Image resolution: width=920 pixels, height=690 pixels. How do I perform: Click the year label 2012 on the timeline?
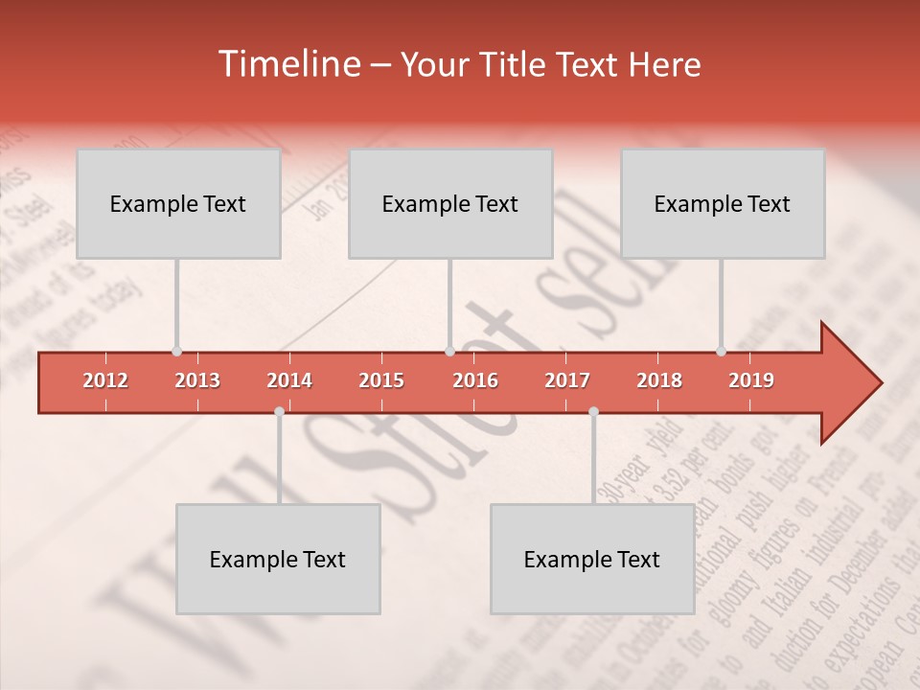[x=105, y=380]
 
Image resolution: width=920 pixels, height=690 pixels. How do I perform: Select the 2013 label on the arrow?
[x=197, y=380]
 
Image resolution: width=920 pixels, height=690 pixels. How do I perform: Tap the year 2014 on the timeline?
[x=289, y=380]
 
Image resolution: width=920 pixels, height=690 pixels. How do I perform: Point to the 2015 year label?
[x=381, y=380]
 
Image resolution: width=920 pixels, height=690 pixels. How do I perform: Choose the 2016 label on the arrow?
[x=475, y=380]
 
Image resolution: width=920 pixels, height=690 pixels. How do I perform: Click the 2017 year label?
[x=567, y=380]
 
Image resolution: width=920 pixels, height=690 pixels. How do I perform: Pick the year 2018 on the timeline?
[x=659, y=380]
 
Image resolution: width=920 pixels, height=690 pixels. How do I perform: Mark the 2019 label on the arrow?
[x=751, y=380]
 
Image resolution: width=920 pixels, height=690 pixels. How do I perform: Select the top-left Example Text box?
[x=178, y=204]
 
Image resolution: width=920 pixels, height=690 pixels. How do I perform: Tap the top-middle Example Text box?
[x=450, y=204]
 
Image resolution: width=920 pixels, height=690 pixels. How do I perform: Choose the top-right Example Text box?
[x=723, y=204]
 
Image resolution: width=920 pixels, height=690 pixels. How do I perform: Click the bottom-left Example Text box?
[x=278, y=560]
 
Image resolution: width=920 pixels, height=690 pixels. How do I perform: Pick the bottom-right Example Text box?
[x=592, y=560]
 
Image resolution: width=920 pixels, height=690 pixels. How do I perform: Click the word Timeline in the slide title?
[x=287, y=64]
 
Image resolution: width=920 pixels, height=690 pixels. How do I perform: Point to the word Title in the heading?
[x=515, y=65]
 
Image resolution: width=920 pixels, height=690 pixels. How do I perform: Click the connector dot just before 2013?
[x=176, y=352]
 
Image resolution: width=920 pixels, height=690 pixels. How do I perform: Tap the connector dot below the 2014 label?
[x=279, y=411]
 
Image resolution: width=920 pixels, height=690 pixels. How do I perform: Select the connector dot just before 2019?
[x=721, y=352]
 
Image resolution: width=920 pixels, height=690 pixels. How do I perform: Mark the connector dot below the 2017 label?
[x=593, y=411]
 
